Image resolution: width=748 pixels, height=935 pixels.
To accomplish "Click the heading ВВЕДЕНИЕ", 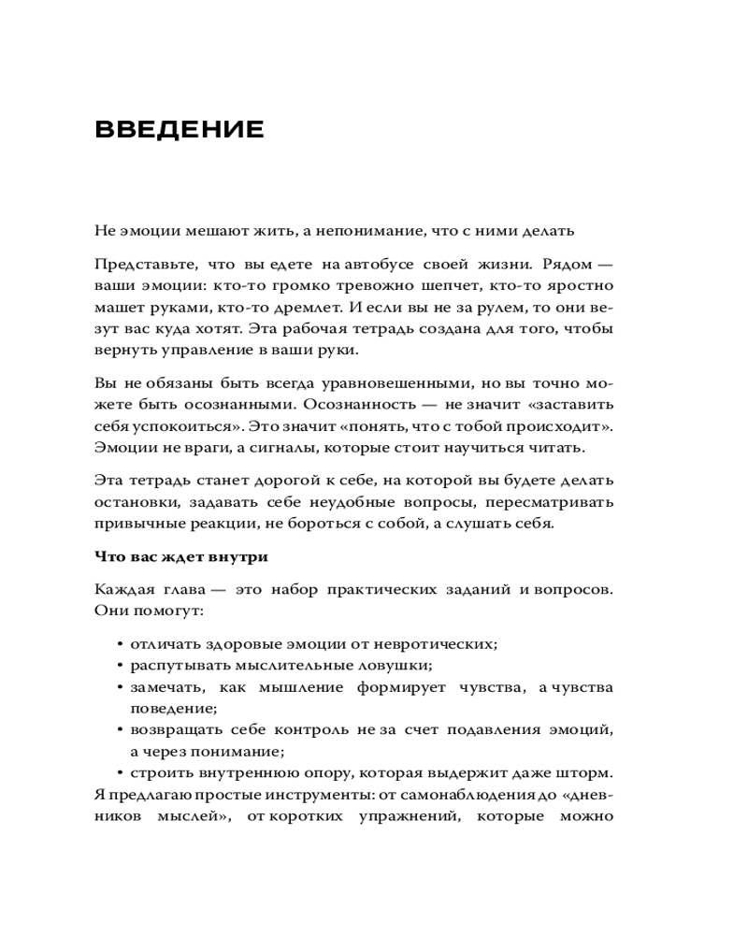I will [x=180, y=129].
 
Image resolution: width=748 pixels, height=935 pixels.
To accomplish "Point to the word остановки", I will [x=137, y=502].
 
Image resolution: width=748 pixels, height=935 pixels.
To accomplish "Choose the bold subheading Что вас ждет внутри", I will [x=181, y=557].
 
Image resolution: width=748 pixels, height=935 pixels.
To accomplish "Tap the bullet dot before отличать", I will [x=121, y=645].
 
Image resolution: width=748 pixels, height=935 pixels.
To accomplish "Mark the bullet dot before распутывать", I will [x=121, y=666].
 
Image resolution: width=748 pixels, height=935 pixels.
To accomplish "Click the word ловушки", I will [x=397, y=666].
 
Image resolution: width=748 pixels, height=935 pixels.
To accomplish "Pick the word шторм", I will [x=588, y=773].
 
